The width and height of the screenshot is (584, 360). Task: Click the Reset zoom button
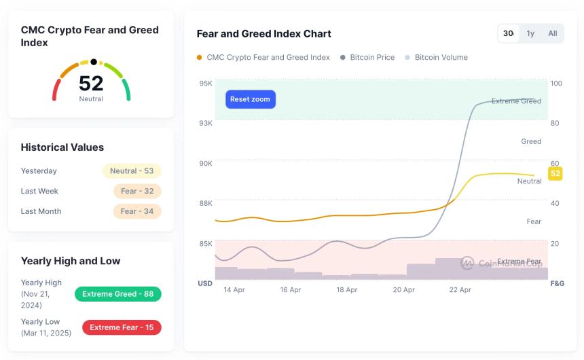tap(250, 99)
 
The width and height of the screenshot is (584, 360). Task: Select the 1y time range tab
tap(530, 33)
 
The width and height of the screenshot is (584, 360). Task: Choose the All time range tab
tap(553, 33)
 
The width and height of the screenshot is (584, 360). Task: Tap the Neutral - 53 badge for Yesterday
tap(132, 171)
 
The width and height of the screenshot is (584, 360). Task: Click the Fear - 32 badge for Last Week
tap(137, 192)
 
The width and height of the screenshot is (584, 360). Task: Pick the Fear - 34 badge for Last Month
tap(137, 211)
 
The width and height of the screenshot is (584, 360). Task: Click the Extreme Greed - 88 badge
tap(118, 294)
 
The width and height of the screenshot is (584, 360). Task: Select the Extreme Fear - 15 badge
tap(122, 327)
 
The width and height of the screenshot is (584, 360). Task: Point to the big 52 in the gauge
tap(91, 84)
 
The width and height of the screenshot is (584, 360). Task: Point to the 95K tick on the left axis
tap(205, 84)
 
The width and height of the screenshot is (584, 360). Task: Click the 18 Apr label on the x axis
tap(347, 290)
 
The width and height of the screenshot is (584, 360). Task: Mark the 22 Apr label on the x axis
tap(460, 290)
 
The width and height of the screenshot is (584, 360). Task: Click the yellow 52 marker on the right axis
tap(555, 173)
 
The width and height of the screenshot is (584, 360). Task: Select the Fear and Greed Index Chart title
tap(264, 34)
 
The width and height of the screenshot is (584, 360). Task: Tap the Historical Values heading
tap(62, 147)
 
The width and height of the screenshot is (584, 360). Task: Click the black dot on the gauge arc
tap(94, 62)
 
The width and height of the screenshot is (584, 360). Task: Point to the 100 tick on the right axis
tap(556, 84)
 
